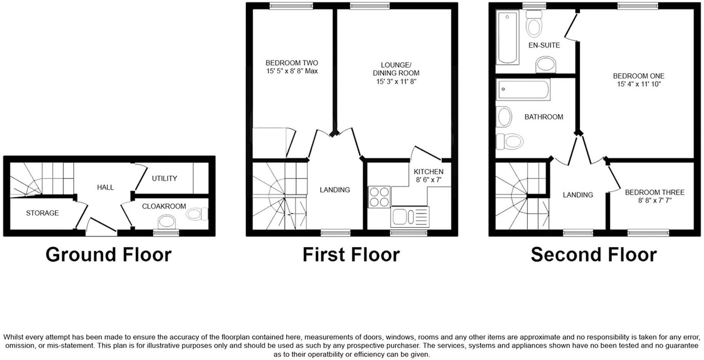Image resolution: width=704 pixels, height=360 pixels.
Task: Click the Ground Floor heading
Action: coord(109,255)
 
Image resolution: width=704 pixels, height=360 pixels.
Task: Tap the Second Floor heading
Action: coord(594,255)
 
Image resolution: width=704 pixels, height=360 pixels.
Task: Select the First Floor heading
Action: coord(351,255)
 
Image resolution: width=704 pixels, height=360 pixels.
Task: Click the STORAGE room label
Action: coord(42,213)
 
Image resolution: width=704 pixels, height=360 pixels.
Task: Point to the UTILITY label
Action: coord(164,179)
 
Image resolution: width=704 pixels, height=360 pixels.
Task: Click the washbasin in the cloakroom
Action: coord(167,222)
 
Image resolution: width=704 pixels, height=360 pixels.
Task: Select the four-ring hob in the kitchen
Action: coord(379,197)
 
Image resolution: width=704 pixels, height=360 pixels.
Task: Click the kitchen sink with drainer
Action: coord(409,217)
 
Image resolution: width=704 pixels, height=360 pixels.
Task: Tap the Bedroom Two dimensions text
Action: coord(292,71)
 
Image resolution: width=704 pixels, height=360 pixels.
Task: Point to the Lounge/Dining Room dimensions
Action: coord(396,82)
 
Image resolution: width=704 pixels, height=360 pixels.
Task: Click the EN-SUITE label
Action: coord(544,45)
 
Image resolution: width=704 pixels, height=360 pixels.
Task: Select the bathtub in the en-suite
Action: coord(507,37)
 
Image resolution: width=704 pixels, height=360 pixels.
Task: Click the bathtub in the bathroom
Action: coord(523,90)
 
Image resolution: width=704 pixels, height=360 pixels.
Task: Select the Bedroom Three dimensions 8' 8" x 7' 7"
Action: coord(655,201)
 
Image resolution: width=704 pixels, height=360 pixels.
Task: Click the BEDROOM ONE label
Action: coord(638,76)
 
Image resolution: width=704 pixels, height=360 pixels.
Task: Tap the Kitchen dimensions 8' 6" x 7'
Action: coord(429,180)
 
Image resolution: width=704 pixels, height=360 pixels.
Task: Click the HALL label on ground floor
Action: coord(105,187)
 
